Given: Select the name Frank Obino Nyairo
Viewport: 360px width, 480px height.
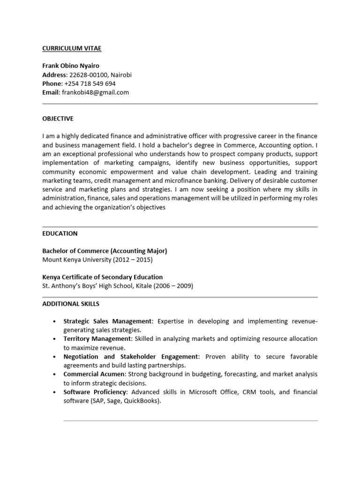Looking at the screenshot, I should click(x=71, y=66).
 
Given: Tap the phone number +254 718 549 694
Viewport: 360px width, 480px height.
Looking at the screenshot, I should click(x=90, y=84).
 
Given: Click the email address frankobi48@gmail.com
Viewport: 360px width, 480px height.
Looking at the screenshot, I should click(x=95, y=92).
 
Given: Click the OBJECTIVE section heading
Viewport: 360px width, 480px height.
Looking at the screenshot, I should click(x=58, y=119).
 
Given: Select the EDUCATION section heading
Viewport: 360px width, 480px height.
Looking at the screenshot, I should click(x=60, y=233).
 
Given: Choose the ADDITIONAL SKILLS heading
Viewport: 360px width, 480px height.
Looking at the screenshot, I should click(x=71, y=304).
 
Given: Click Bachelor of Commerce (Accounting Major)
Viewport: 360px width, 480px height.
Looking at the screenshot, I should click(x=105, y=251).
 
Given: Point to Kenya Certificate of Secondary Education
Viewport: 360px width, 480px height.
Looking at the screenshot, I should click(x=103, y=277).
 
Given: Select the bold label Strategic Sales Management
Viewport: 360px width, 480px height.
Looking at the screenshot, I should click(x=108, y=321).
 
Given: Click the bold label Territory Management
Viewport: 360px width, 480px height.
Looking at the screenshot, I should click(x=97, y=339).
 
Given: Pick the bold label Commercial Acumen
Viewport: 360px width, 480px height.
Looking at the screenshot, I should click(x=94, y=374).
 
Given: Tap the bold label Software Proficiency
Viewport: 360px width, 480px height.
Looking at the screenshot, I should click(x=95, y=392).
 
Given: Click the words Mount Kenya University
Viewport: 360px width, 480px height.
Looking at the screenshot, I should click(x=78, y=259).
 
